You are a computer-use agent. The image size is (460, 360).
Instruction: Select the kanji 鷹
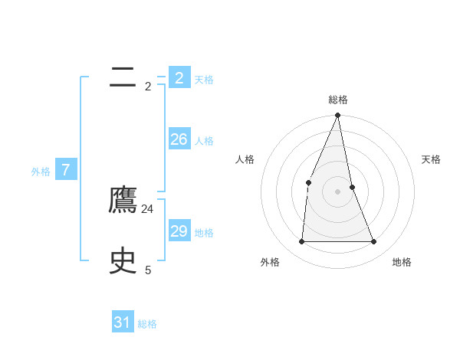(x=123, y=201)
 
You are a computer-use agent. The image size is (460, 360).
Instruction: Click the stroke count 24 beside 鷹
(x=148, y=209)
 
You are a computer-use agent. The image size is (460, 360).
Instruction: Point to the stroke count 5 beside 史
(x=148, y=270)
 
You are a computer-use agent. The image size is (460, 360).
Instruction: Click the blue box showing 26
(x=179, y=139)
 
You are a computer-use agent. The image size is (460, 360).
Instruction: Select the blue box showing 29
(x=179, y=231)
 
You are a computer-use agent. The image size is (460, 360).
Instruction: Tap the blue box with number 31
(x=123, y=322)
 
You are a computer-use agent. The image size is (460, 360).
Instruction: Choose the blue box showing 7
(x=66, y=170)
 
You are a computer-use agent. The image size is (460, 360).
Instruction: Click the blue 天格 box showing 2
(x=179, y=78)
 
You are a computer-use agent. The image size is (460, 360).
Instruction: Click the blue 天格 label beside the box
(x=204, y=80)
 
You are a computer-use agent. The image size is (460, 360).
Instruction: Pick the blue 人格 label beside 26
(x=204, y=141)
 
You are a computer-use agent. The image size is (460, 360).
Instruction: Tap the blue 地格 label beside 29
(x=204, y=233)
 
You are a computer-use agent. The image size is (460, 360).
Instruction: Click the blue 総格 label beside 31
(x=147, y=324)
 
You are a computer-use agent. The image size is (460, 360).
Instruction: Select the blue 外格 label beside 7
(x=41, y=172)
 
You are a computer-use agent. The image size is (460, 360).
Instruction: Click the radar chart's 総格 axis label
(x=338, y=100)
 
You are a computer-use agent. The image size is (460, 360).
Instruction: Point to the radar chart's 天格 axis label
(x=431, y=159)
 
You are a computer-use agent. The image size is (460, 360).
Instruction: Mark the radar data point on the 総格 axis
(x=338, y=116)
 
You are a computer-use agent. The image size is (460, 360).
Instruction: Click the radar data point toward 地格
(x=374, y=241)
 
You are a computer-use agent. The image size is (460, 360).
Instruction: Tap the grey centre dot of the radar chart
(x=338, y=191)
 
